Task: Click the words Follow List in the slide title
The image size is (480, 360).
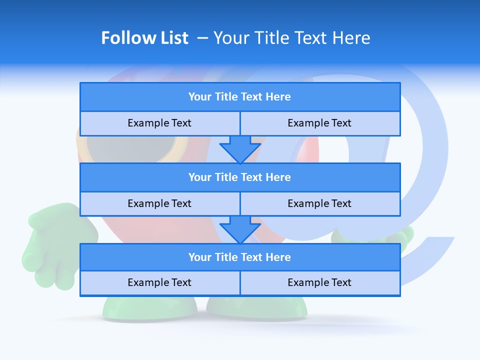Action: pyautogui.click(x=144, y=38)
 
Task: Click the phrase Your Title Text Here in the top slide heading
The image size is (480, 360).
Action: pyautogui.click(x=291, y=38)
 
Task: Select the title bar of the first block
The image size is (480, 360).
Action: pyautogui.click(x=239, y=97)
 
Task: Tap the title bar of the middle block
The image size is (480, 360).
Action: pyautogui.click(x=239, y=177)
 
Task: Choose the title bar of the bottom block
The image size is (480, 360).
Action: pyautogui.click(x=239, y=257)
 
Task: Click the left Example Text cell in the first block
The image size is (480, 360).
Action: pyautogui.click(x=159, y=123)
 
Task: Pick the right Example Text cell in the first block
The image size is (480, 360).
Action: pyautogui.click(x=319, y=123)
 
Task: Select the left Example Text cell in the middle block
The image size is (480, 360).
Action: pyautogui.click(x=159, y=204)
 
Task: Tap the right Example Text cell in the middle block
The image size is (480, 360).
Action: pyautogui.click(x=319, y=204)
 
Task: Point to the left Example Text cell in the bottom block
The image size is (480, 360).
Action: pyautogui.click(x=159, y=283)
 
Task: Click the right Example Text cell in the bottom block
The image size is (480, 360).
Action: pyautogui.click(x=319, y=283)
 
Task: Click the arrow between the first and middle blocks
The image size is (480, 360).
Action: pyautogui.click(x=240, y=149)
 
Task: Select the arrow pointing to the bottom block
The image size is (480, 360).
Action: pyautogui.click(x=240, y=229)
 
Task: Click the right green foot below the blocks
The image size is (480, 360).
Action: pyautogui.click(x=257, y=307)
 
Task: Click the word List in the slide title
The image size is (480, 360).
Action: pyautogui.click(x=173, y=38)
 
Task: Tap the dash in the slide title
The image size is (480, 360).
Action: pyautogui.click(x=202, y=38)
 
